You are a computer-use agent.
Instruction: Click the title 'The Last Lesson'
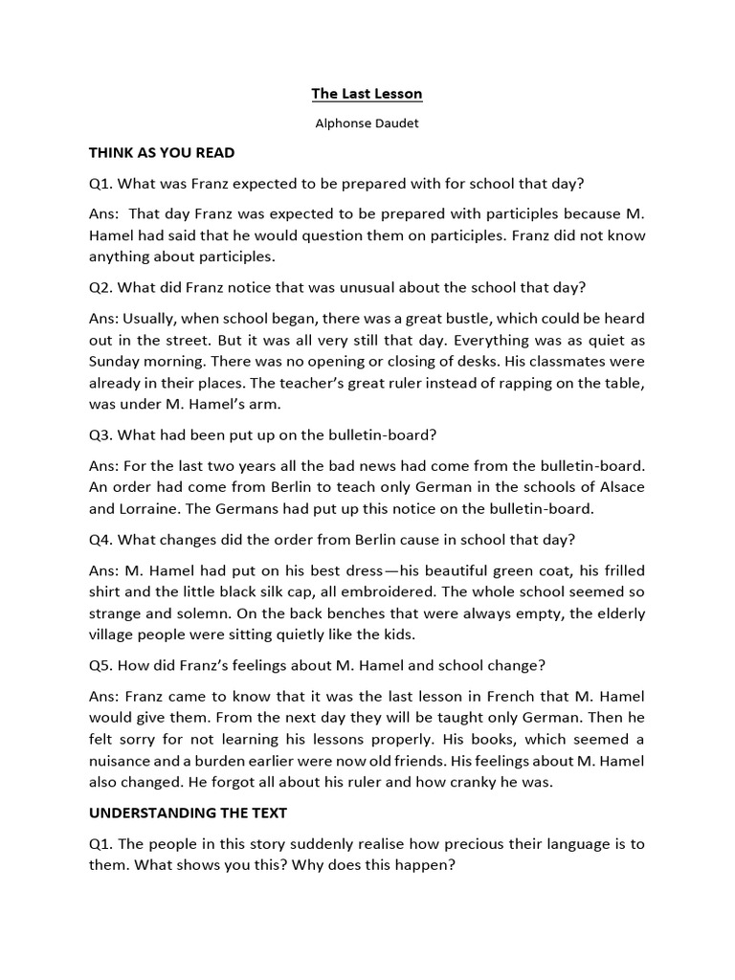(x=367, y=94)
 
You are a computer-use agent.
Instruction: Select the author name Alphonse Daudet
(x=367, y=123)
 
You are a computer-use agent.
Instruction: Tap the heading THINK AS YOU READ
(x=162, y=152)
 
